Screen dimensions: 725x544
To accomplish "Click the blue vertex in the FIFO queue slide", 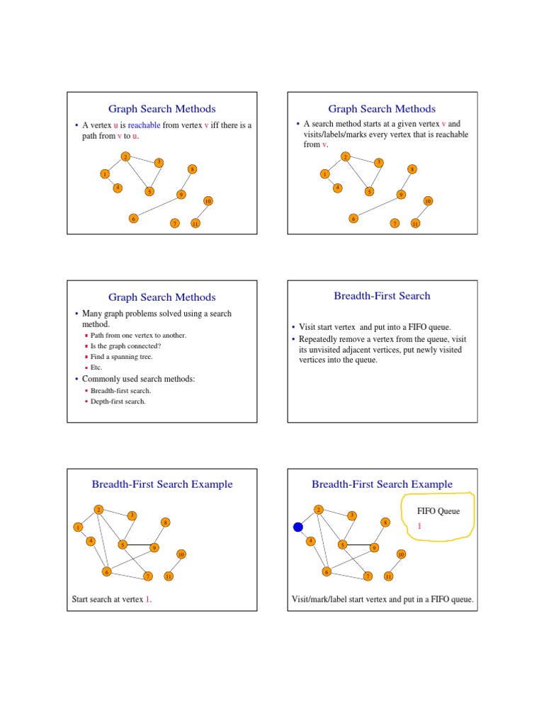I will [x=298, y=527].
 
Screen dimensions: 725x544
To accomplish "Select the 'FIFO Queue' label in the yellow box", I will [x=438, y=510].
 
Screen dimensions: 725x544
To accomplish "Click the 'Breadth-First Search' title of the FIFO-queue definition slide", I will [x=382, y=296].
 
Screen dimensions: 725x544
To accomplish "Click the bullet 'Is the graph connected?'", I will [x=125, y=346].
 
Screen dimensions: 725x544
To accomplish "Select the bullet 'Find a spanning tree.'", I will [x=121, y=357].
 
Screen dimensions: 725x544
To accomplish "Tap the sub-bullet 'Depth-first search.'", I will [x=118, y=401].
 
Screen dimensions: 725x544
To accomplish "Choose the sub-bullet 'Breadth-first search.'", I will [x=120, y=391].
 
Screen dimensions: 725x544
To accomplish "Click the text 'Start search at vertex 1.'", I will [x=112, y=600].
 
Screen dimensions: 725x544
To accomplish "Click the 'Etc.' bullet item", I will [x=96, y=367].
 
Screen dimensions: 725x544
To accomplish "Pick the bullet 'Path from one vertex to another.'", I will [x=138, y=335].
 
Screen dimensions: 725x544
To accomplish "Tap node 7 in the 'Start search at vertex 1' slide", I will [x=147, y=576].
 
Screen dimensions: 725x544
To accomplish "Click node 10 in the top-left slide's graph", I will [x=208, y=201].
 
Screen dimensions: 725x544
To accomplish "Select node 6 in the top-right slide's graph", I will [x=353, y=219].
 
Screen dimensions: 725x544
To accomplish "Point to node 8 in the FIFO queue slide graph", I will [x=385, y=522].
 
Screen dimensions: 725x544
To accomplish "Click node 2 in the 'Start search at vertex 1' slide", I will [x=98, y=509].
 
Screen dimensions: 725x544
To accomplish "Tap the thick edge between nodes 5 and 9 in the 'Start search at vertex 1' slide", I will [x=138, y=545].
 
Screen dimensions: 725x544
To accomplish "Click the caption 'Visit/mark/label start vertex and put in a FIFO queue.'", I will [x=382, y=600].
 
